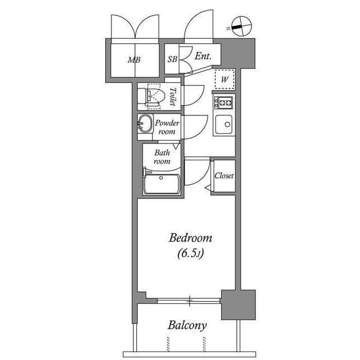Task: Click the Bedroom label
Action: click(x=190, y=238)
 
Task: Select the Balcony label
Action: click(x=187, y=325)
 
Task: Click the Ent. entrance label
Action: click(x=202, y=56)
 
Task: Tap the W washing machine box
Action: click(x=224, y=79)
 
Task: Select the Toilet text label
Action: click(x=173, y=97)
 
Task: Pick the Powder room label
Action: click(x=167, y=127)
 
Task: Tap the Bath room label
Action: click(x=162, y=156)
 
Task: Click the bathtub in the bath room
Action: click(x=161, y=183)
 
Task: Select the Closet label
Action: click(x=223, y=175)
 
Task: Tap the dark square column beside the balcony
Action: click(x=238, y=304)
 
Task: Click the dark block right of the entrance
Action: click(x=245, y=53)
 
